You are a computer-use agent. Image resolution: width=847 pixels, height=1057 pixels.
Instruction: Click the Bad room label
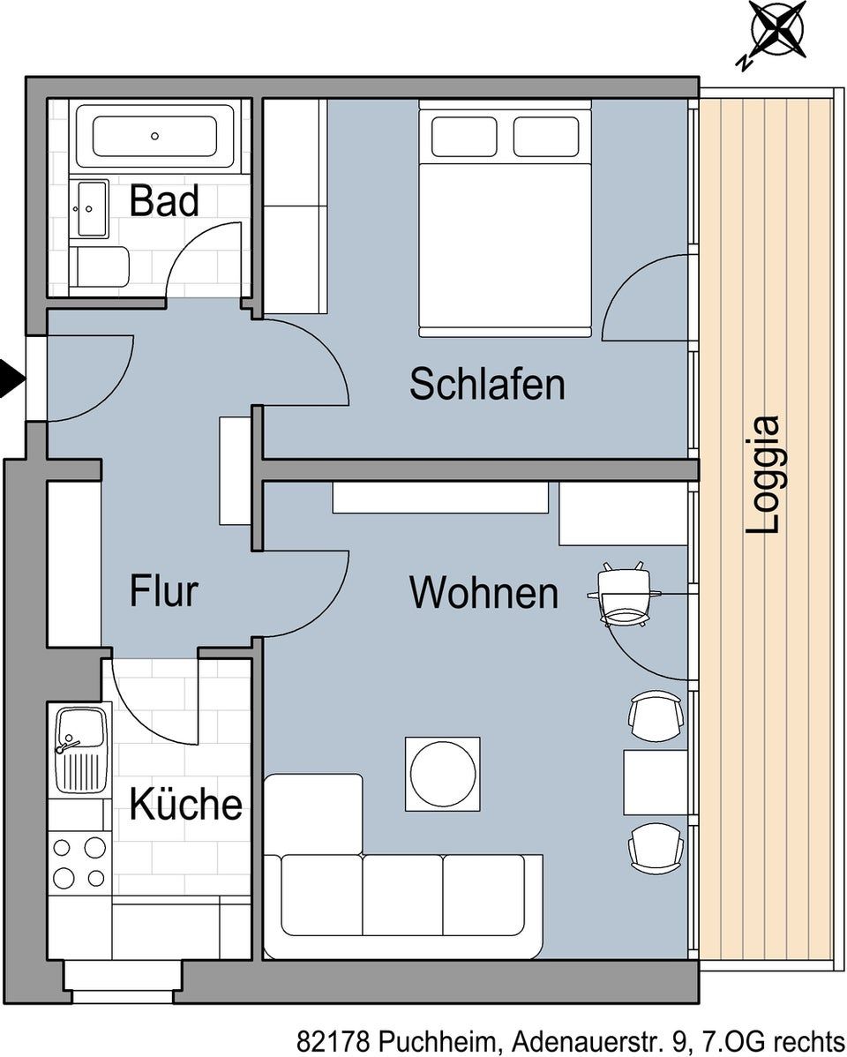tap(164, 200)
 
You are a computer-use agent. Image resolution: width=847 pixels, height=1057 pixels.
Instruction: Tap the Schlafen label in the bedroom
tap(487, 384)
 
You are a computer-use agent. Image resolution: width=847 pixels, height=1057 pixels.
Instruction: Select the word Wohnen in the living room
tap(483, 593)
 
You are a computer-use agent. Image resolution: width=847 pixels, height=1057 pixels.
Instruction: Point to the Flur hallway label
tap(163, 590)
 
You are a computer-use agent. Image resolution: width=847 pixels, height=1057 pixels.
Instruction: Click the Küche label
tap(185, 803)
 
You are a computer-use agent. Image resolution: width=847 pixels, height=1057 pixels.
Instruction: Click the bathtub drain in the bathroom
tap(154, 136)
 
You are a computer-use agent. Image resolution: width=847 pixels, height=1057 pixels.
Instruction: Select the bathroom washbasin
tap(89, 209)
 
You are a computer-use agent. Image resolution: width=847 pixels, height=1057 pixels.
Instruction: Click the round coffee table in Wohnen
tap(443, 774)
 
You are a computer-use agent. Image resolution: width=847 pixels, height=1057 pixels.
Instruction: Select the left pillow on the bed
tap(464, 136)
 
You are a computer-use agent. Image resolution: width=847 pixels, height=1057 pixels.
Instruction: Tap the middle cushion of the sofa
tap(402, 896)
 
